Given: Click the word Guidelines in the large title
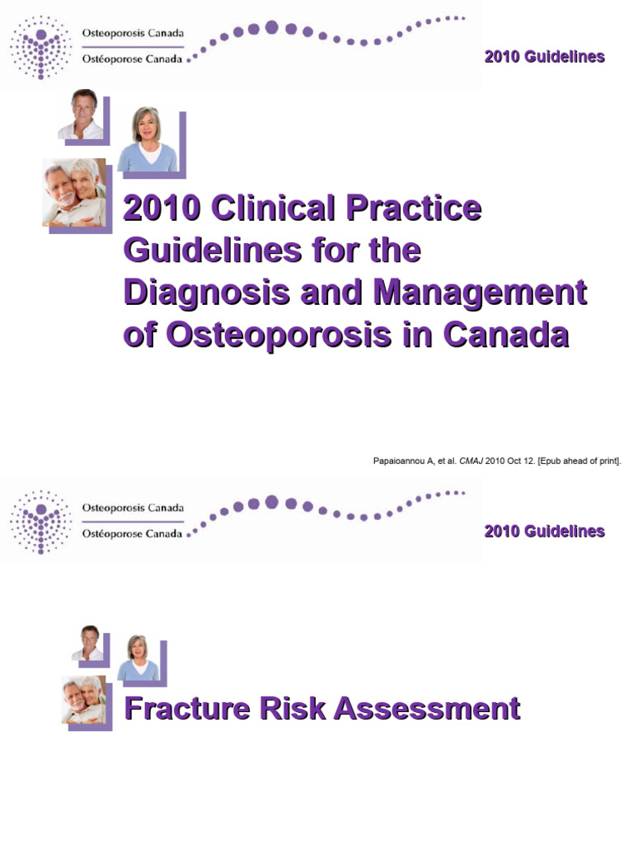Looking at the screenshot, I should click(x=200, y=251).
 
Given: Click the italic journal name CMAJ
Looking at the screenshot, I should click(x=471, y=461).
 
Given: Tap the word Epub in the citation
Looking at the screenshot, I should click(x=549, y=461).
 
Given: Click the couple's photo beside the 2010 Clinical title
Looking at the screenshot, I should click(x=74, y=192).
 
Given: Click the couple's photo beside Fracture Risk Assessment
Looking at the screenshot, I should click(x=84, y=699).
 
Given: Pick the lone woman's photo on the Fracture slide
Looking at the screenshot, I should click(x=137, y=658).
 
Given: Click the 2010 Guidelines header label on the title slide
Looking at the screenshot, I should click(x=544, y=57).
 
